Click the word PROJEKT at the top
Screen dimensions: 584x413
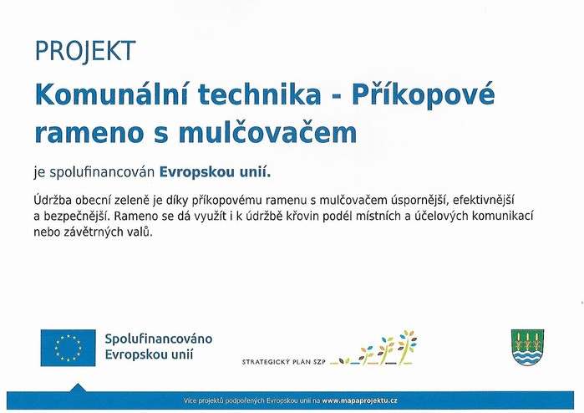click(85, 51)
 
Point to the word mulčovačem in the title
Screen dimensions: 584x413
click(268, 132)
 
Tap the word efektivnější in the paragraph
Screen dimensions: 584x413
click(484, 201)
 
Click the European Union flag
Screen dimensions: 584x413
click(69, 348)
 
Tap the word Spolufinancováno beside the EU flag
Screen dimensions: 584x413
click(158, 339)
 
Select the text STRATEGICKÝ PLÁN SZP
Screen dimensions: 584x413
click(284, 361)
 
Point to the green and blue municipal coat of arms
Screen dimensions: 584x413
click(527, 348)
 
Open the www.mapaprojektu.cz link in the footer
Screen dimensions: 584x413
click(360, 401)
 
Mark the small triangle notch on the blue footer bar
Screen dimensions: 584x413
click(78, 387)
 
